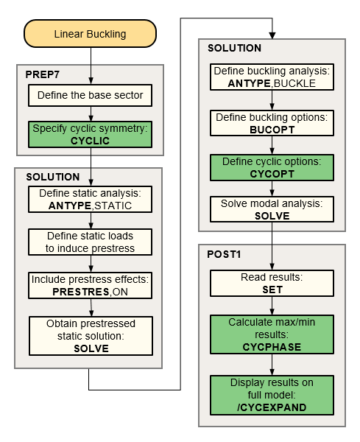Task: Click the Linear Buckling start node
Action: point(91,35)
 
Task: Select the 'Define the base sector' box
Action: point(90,95)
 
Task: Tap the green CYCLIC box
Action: point(90,134)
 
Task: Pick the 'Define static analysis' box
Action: point(90,200)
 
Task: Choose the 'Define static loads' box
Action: point(90,242)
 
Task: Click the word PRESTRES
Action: point(77,291)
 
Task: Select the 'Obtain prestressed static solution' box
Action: point(90,335)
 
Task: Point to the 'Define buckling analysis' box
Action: point(272,77)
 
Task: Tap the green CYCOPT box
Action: point(272,166)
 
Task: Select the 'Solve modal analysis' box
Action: point(272,210)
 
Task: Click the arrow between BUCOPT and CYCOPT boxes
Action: point(272,145)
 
